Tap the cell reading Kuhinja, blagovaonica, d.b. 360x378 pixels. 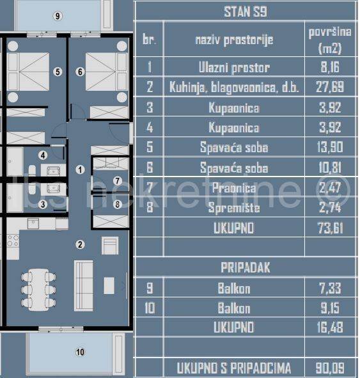[x=234, y=87]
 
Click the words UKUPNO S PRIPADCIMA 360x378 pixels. [x=234, y=368]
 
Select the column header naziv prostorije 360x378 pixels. [x=234, y=40]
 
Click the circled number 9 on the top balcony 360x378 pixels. [x=58, y=16]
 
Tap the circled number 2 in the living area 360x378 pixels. [x=80, y=244]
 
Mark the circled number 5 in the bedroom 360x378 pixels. [x=58, y=72]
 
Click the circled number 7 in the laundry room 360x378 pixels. [x=117, y=182]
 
